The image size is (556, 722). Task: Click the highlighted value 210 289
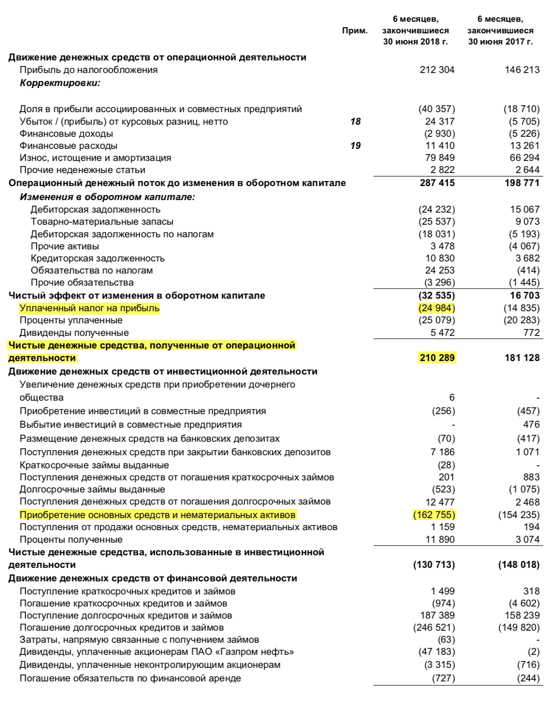pyautogui.click(x=437, y=358)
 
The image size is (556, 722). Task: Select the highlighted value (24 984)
pyautogui.click(x=437, y=308)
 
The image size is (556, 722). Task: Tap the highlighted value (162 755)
pyautogui.click(x=434, y=515)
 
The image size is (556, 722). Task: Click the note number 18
pyautogui.click(x=355, y=121)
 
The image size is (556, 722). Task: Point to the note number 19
pyautogui.click(x=355, y=145)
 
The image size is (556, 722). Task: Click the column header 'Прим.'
pyautogui.click(x=354, y=30)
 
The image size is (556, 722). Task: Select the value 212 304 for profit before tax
pyautogui.click(x=437, y=70)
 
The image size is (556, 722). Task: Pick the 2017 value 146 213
pyautogui.click(x=522, y=70)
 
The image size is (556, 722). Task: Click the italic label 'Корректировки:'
pyautogui.click(x=60, y=83)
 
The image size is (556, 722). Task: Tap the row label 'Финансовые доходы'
pyautogui.click(x=66, y=133)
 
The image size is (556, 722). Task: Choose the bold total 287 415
pyautogui.click(x=437, y=183)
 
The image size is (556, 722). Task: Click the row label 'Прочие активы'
pyautogui.click(x=65, y=246)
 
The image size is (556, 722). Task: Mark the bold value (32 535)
pyautogui.click(x=437, y=295)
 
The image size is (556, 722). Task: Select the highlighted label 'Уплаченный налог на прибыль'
pyautogui.click(x=89, y=308)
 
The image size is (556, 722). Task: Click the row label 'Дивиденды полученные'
pyautogui.click(x=74, y=332)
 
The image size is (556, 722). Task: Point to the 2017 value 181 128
pyautogui.click(x=522, y=358)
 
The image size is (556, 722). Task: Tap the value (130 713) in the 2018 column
pyautogui.click(x=434, y=564)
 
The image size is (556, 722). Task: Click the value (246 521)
pyautogui.click(x=434, y=627)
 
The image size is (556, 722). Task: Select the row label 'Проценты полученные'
pyautogui.click(x=71, y=539)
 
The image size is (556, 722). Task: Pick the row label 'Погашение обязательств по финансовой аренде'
pyautogui.click(x=130, y=678)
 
